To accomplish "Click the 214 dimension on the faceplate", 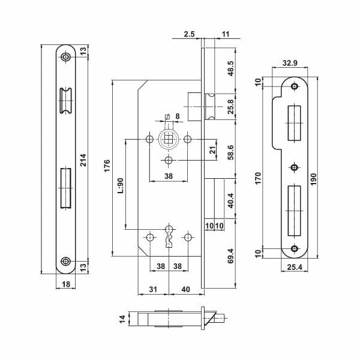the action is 83,160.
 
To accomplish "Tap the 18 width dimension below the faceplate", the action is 66,284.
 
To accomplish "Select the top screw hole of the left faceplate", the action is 66,57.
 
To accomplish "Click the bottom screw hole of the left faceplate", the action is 66,261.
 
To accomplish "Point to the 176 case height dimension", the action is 107,166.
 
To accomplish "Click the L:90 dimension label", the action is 121,185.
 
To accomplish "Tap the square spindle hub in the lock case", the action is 169,139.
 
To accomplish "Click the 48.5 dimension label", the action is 231,68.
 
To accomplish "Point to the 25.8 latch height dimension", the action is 231,107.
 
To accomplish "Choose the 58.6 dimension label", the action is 231,152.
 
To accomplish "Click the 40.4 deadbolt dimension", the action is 231,200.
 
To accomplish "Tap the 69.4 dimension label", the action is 231,256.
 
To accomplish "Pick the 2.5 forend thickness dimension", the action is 189,34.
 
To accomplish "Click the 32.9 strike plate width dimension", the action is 290,62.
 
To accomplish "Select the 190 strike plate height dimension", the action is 314,179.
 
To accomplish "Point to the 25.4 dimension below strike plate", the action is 295,267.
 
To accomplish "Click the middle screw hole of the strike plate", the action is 294,167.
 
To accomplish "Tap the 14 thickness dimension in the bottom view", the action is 122,319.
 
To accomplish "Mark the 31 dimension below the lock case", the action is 153,289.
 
